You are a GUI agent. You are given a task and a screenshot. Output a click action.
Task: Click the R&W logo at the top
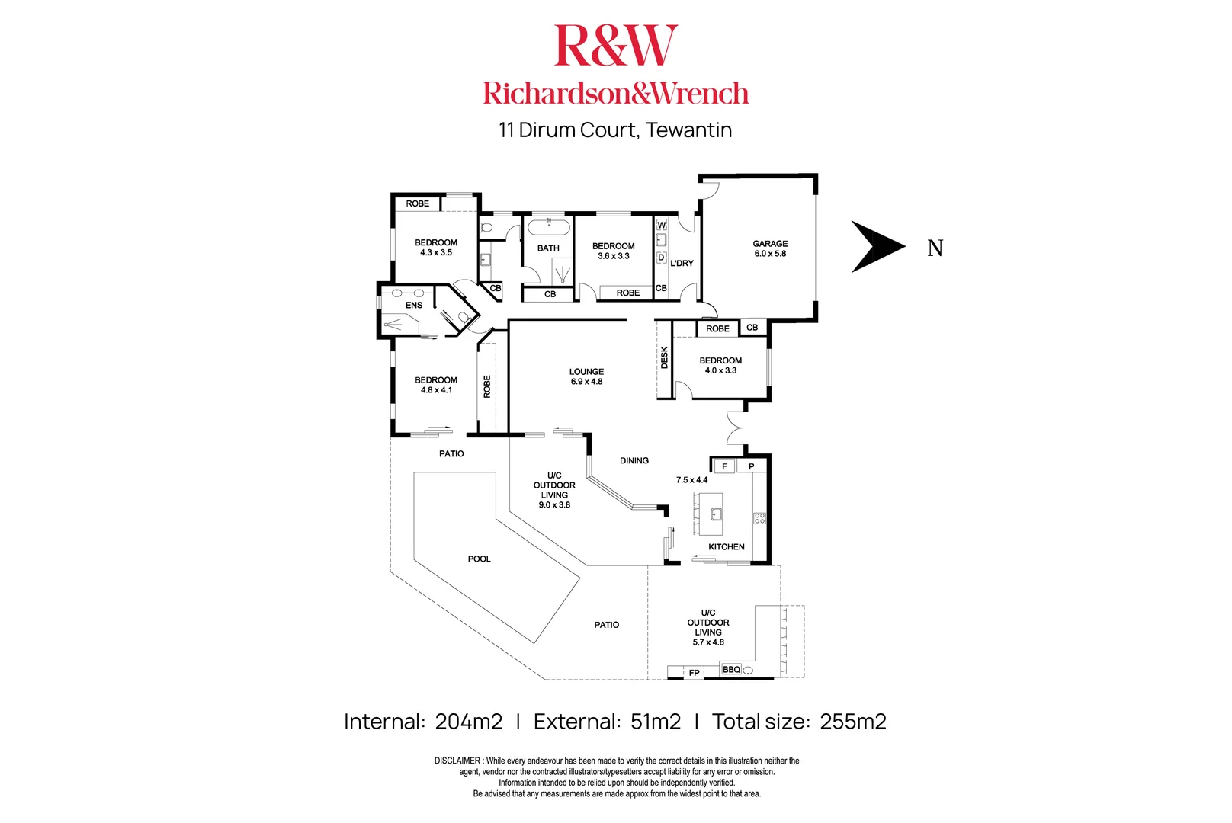pyautogui.click(x=615, y=46)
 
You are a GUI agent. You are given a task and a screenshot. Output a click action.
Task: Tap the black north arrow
pyautogui.click(x=877, y=246)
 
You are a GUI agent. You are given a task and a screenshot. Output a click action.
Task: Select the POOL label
pyautogui.click(x=479, y=559)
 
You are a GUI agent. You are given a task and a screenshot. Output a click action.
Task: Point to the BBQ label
pyautogui.click(x=731, y=670)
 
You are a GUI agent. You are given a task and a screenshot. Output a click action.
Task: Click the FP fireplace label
pyautogui.click(x=694, y=673)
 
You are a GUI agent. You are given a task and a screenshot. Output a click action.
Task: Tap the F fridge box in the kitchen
pyautogui.click(x=724, y=466)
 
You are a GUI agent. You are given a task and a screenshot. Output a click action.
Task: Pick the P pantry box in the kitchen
pyautogui.click(x=752, y=466)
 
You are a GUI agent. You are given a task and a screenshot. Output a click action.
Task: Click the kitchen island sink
pyautogui.click(x=716, y=514)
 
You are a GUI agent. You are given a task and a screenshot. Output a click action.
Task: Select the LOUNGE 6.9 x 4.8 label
pyautogui.click(x=586, y=376)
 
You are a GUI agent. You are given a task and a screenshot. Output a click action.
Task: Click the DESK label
pyautogui.click(x=664, y=357)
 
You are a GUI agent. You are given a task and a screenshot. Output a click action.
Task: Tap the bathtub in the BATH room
pyautogui.click(x=549, y=226)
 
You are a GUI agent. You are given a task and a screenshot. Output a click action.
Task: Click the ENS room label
pyautogui.click(x=414, y=305)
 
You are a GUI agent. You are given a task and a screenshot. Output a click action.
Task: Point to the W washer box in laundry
pyautogui.click(x=661, y=225)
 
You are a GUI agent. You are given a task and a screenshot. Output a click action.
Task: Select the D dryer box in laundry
pyautogui.click(x=661, y=258)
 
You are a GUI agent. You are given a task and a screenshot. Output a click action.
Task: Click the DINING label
pyautogui.click(x=634, y=460)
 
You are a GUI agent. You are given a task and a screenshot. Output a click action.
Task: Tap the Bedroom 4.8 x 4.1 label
pyautogui.click(x=436, y=385)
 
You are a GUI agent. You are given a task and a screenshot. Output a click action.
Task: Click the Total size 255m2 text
pyautogui.click(x=799, y=722)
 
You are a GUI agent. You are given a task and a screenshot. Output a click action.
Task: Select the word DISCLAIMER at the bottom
pyautogui.click(x=457, y=761)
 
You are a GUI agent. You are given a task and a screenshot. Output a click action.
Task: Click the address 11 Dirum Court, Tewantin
pyautogui.click(x=615, y=130)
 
